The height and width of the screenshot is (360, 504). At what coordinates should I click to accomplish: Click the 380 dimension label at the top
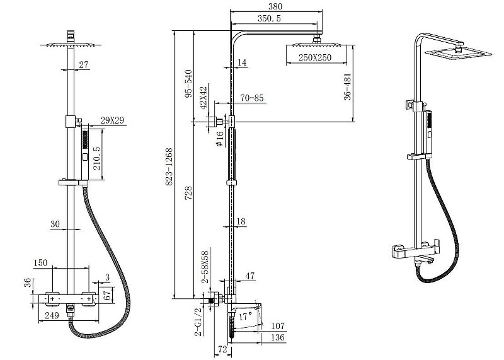pos(275,6)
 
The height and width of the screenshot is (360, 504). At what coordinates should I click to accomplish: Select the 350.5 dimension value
pos(269,18)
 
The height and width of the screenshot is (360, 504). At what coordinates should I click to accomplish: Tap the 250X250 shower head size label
pos(314,57)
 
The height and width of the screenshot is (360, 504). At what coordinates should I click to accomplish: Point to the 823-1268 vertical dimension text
pos(169,166)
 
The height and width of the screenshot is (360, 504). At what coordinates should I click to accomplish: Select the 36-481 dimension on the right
pos(348,87)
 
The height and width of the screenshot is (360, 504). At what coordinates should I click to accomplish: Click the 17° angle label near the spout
pos(245,316)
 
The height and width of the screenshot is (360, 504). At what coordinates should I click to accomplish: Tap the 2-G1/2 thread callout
pos(198,322)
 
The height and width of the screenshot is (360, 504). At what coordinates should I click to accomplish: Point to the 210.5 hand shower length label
pos(97,158)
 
